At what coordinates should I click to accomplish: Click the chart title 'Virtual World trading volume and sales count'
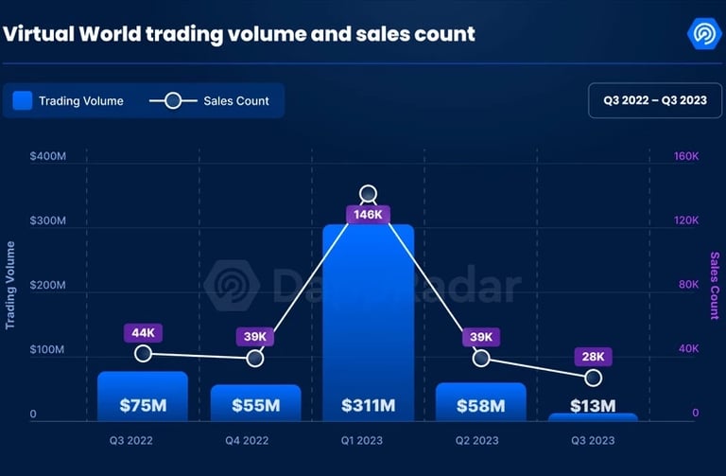point(239,35)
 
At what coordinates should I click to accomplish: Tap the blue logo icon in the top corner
point(704,34)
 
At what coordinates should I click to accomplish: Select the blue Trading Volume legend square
point(23,100)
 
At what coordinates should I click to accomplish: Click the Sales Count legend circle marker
point(174,100)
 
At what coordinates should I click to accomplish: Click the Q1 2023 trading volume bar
point(368,322)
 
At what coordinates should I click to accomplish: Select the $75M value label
point(143,406)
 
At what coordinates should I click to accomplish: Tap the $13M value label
point(593,406)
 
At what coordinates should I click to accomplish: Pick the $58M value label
point(480,406)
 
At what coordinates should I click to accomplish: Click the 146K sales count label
point(368,215)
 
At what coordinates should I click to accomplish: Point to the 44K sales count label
point(143,333)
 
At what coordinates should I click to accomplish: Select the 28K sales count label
point(593,357)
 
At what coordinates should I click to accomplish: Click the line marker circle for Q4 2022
point(255,359)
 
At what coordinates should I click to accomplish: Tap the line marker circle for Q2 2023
point(480,359)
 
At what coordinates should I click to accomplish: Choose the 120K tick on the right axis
point(685,220)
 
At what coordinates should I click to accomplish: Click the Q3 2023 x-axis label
point(593,440)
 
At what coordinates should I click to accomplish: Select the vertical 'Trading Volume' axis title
point(10,285)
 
